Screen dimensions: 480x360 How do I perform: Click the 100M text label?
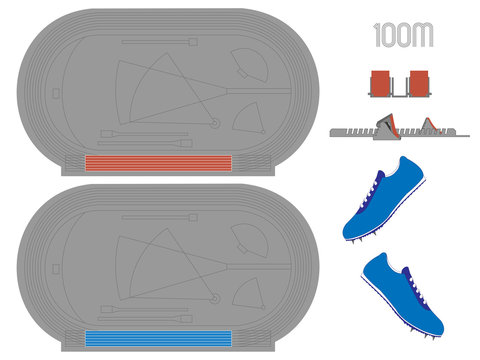click(402, 36)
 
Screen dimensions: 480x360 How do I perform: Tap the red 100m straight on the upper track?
click(158, 164)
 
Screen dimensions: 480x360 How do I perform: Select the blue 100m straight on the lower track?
click(158, 339)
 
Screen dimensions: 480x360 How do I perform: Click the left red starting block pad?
click(381, 83)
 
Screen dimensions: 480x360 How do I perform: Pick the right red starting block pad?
click(417, 83)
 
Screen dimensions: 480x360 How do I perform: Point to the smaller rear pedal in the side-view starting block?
click(432, 126)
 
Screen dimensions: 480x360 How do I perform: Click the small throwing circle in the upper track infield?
click(214, 124)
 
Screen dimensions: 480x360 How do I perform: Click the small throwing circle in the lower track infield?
click(214, 298)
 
